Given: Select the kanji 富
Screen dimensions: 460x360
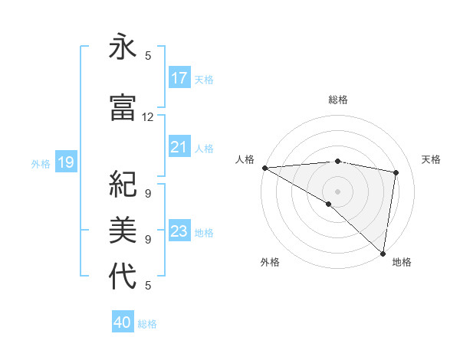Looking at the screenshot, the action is click(123, 108).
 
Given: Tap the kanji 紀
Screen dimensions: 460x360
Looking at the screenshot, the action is click(123, 185).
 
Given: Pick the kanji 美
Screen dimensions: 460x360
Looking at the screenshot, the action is click(123, 229).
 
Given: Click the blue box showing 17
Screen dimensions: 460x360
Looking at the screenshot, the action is click(179, 78).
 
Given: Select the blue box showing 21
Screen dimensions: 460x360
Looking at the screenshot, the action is click(179, 147).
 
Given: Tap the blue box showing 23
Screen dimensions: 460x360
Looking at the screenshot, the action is click(179, 231).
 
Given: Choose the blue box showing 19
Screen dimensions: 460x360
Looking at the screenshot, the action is click(66, 162).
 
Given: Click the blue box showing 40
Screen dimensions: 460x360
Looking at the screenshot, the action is click(123, 322).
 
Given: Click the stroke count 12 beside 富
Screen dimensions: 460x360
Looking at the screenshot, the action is click(148, 117).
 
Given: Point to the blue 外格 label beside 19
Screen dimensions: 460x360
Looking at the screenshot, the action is click(41, 163).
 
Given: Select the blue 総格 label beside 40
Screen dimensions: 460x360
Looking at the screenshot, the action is click(147, 323).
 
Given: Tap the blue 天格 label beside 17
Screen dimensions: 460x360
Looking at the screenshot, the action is click(204, 79).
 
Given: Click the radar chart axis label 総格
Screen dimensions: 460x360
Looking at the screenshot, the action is click(337, 100).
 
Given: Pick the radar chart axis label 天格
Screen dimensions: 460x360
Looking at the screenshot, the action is click(432, 159).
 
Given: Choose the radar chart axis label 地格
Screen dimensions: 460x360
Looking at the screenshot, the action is click(402, 262).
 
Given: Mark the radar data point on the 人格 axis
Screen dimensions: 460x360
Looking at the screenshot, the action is click(264, 168).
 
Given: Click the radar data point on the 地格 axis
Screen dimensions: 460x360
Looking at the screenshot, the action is click(383, 253).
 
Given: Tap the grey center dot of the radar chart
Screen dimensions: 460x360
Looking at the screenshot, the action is click(337, 191).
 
